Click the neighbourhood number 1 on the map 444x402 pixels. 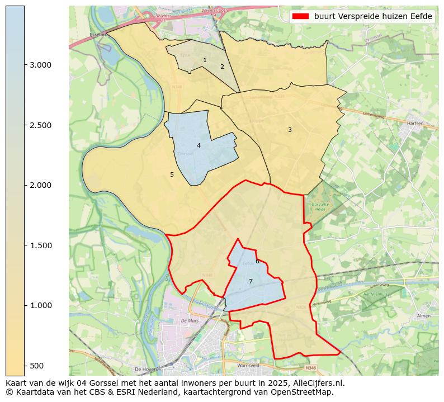coord(205,60)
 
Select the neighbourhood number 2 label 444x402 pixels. coord(222,67)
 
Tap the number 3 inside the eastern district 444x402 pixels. coord(290,130)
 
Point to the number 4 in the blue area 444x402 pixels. coord(199,145)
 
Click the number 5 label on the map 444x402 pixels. coord(172,174)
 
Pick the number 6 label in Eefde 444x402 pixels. coord(257,261)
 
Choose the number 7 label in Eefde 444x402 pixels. coord(251,281)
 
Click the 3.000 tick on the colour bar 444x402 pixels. coord(40,65)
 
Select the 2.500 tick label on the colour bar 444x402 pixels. coord(40,125)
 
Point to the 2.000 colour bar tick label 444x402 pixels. coord(40,185)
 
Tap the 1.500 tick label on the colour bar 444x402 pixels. coord(40,245)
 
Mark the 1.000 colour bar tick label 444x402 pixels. coord(40,305)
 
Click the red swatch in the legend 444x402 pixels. coord(301,17)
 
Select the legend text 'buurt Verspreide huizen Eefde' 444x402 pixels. coord(373,17)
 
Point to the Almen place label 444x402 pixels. coord(424,316)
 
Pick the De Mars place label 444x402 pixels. coord(190,321)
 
